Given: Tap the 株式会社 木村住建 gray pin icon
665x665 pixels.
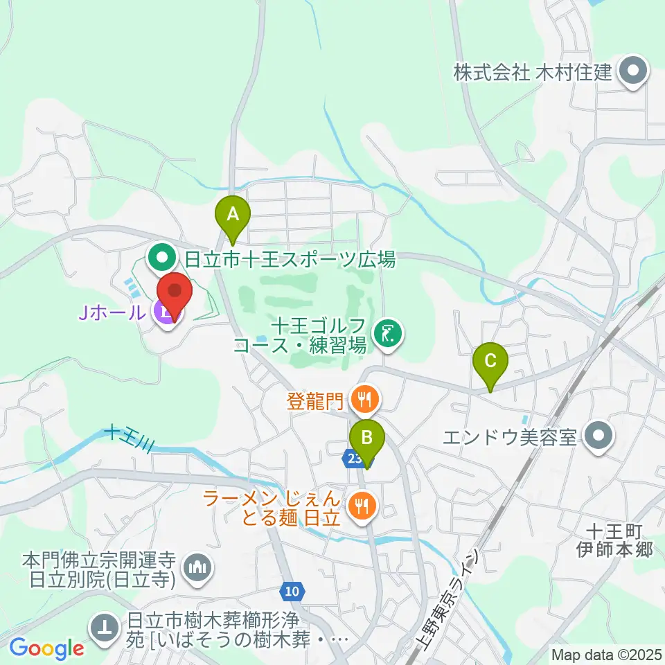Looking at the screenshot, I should (632, 71).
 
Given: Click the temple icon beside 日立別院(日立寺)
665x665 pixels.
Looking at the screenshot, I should (197, 569).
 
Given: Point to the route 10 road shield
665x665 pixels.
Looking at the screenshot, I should (292, 591).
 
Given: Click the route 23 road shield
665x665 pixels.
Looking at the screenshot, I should (353, 458).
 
